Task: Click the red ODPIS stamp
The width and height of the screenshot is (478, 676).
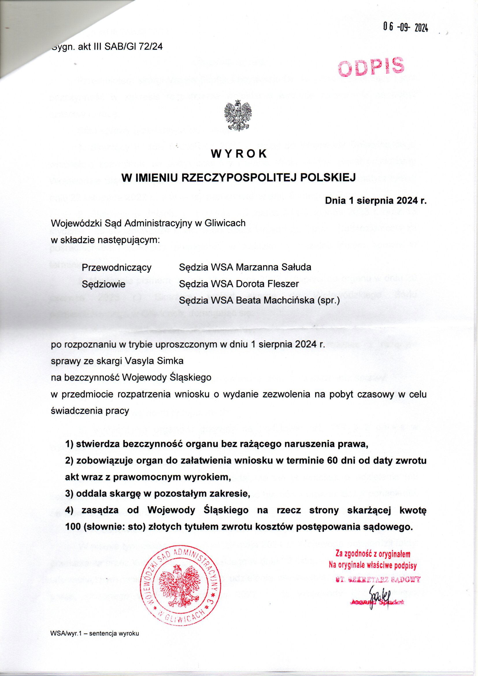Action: point(370,65)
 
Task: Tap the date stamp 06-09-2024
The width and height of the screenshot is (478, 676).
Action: point(405,29)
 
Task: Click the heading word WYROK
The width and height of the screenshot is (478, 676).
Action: point(239,154)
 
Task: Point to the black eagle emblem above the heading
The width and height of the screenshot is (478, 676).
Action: point(238,115)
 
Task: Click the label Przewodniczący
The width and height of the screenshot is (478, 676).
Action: point(116,268)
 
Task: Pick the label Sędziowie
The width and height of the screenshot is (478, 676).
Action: point(104,284)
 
